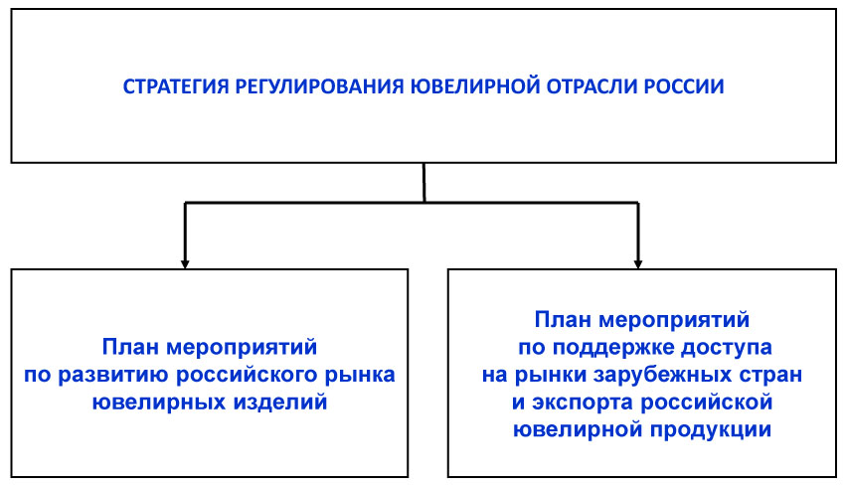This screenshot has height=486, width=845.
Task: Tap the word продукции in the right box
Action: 710,430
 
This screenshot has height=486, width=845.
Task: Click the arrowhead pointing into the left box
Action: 185,264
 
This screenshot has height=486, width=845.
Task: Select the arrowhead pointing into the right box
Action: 638,264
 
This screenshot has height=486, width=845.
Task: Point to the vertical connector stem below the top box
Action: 424,183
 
